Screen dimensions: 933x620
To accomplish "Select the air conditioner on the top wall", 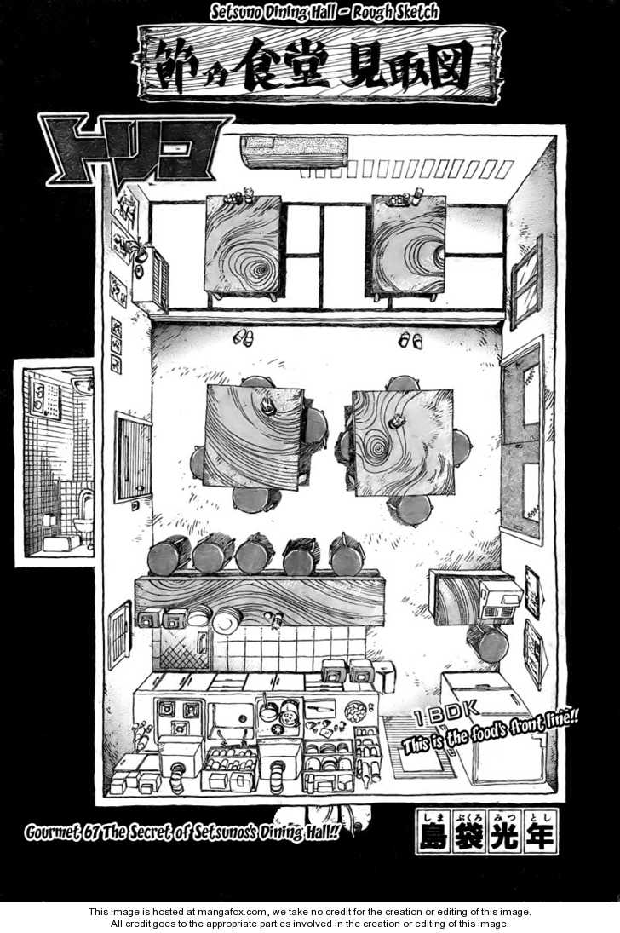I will (295, 151).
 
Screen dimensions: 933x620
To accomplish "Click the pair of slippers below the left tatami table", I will (243, 337).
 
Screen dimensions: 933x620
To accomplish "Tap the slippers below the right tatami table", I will (410, 340).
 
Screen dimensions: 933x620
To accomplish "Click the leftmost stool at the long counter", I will (168, 556).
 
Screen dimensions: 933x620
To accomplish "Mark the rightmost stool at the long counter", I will (347, 554).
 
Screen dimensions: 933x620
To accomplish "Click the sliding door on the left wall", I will (133, 458).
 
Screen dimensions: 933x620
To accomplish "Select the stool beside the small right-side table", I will (488, 641).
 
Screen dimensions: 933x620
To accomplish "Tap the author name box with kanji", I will (486, 831).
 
